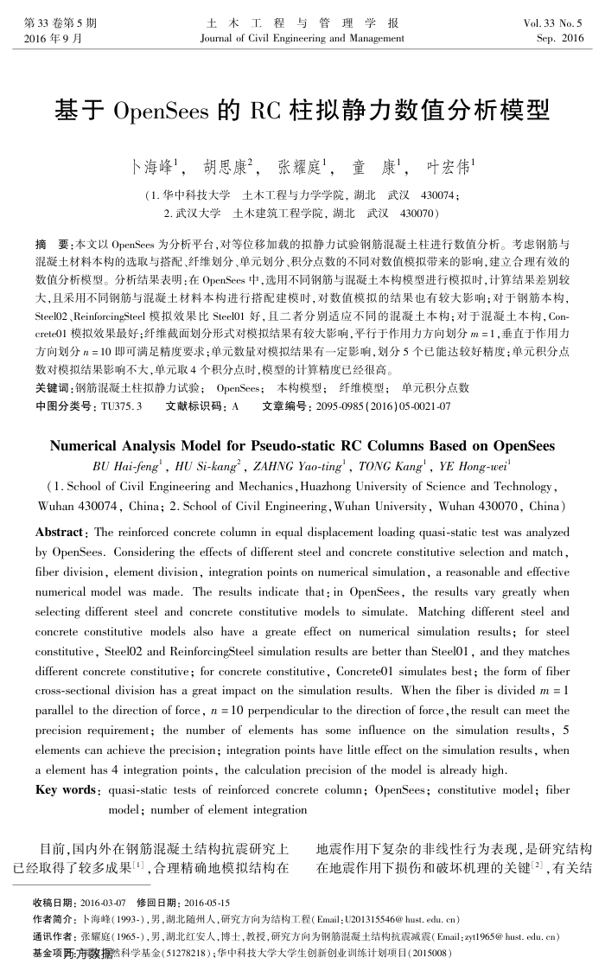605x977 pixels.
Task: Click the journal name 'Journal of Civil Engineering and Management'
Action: click(302, 39)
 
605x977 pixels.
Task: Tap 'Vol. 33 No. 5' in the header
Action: click(554, 24)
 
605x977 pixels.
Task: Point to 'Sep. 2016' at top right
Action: click(559, 39)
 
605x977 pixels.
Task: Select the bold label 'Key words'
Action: click(65, 789)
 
